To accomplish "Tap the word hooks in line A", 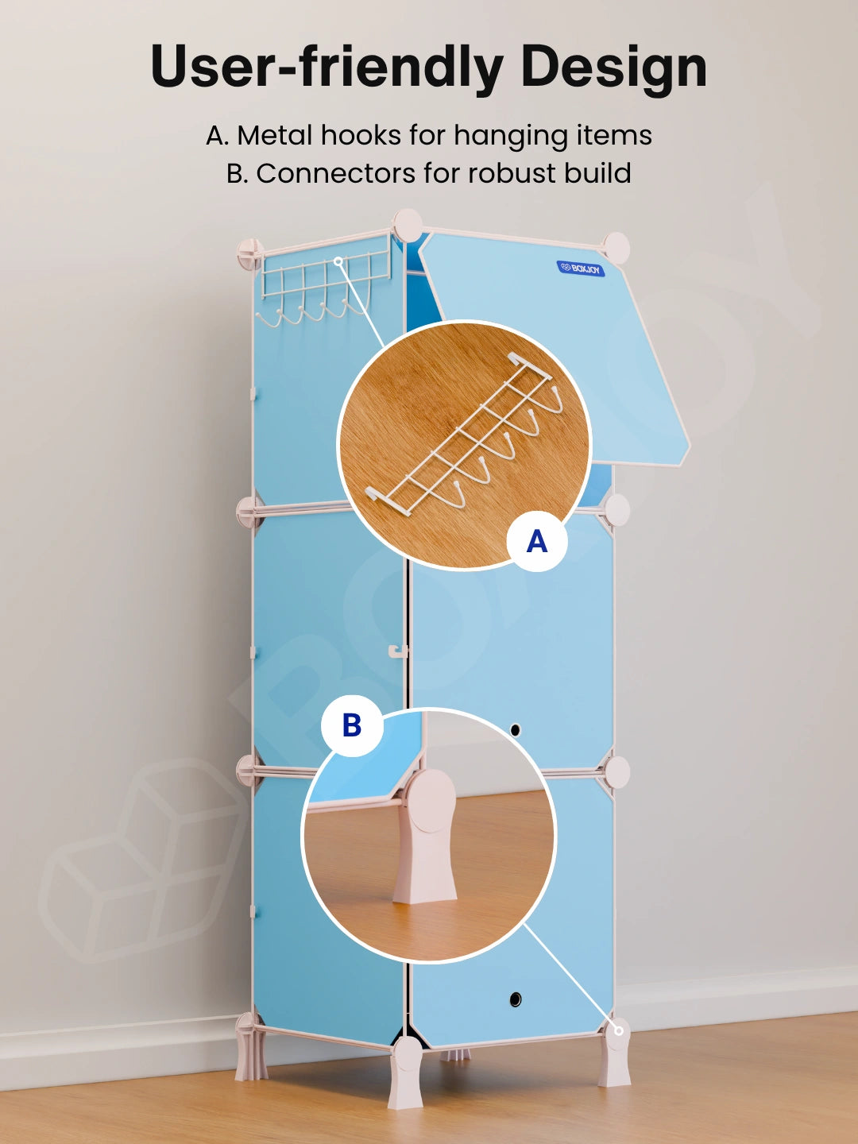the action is [x=361, y=136].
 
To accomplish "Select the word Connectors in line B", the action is [x=336, y=173].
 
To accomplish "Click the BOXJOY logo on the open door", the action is [x=581, y=269].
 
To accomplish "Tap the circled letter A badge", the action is [x=537, y=541].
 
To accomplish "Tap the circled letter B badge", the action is [x=352, y=725].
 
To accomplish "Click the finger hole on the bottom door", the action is [x=516, y=999].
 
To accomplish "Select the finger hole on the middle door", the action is [x=516, y=729].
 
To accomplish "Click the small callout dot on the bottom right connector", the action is [x=618, y=1031].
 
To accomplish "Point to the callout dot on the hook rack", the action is [x=338, y=261].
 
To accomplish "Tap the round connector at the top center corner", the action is [x=408, y=225].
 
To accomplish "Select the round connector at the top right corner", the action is [x=616, y=247].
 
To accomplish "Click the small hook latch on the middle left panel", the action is [x=398, y=651].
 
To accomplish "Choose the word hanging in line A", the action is [x=510, y=137].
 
